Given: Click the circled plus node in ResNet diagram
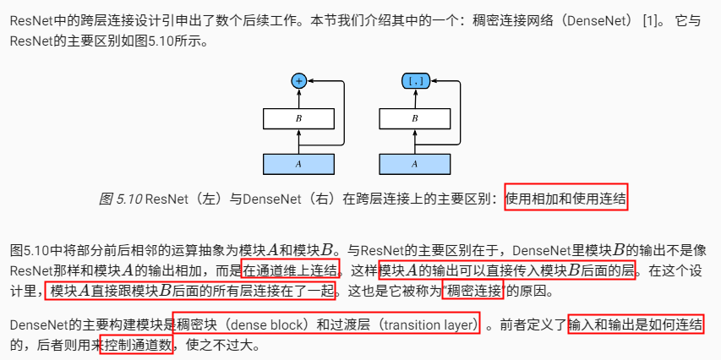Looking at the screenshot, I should click(298, 81).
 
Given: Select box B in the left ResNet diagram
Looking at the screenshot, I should click(298, 118).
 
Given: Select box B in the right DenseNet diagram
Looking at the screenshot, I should click(414, 118).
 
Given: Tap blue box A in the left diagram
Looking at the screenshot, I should click(298, 162).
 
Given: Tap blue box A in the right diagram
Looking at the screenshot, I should click(414, 162).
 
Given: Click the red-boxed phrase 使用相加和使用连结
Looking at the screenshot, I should click(566, 199).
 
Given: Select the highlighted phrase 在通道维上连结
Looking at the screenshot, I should click(291, 270).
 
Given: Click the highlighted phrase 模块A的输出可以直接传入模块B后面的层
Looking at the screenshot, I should click(506, 270).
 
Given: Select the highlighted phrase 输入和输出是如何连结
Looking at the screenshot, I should click(636, 324).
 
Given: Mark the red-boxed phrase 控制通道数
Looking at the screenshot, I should click(136, 345).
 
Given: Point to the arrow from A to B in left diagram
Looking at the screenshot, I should click(298, 140).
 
